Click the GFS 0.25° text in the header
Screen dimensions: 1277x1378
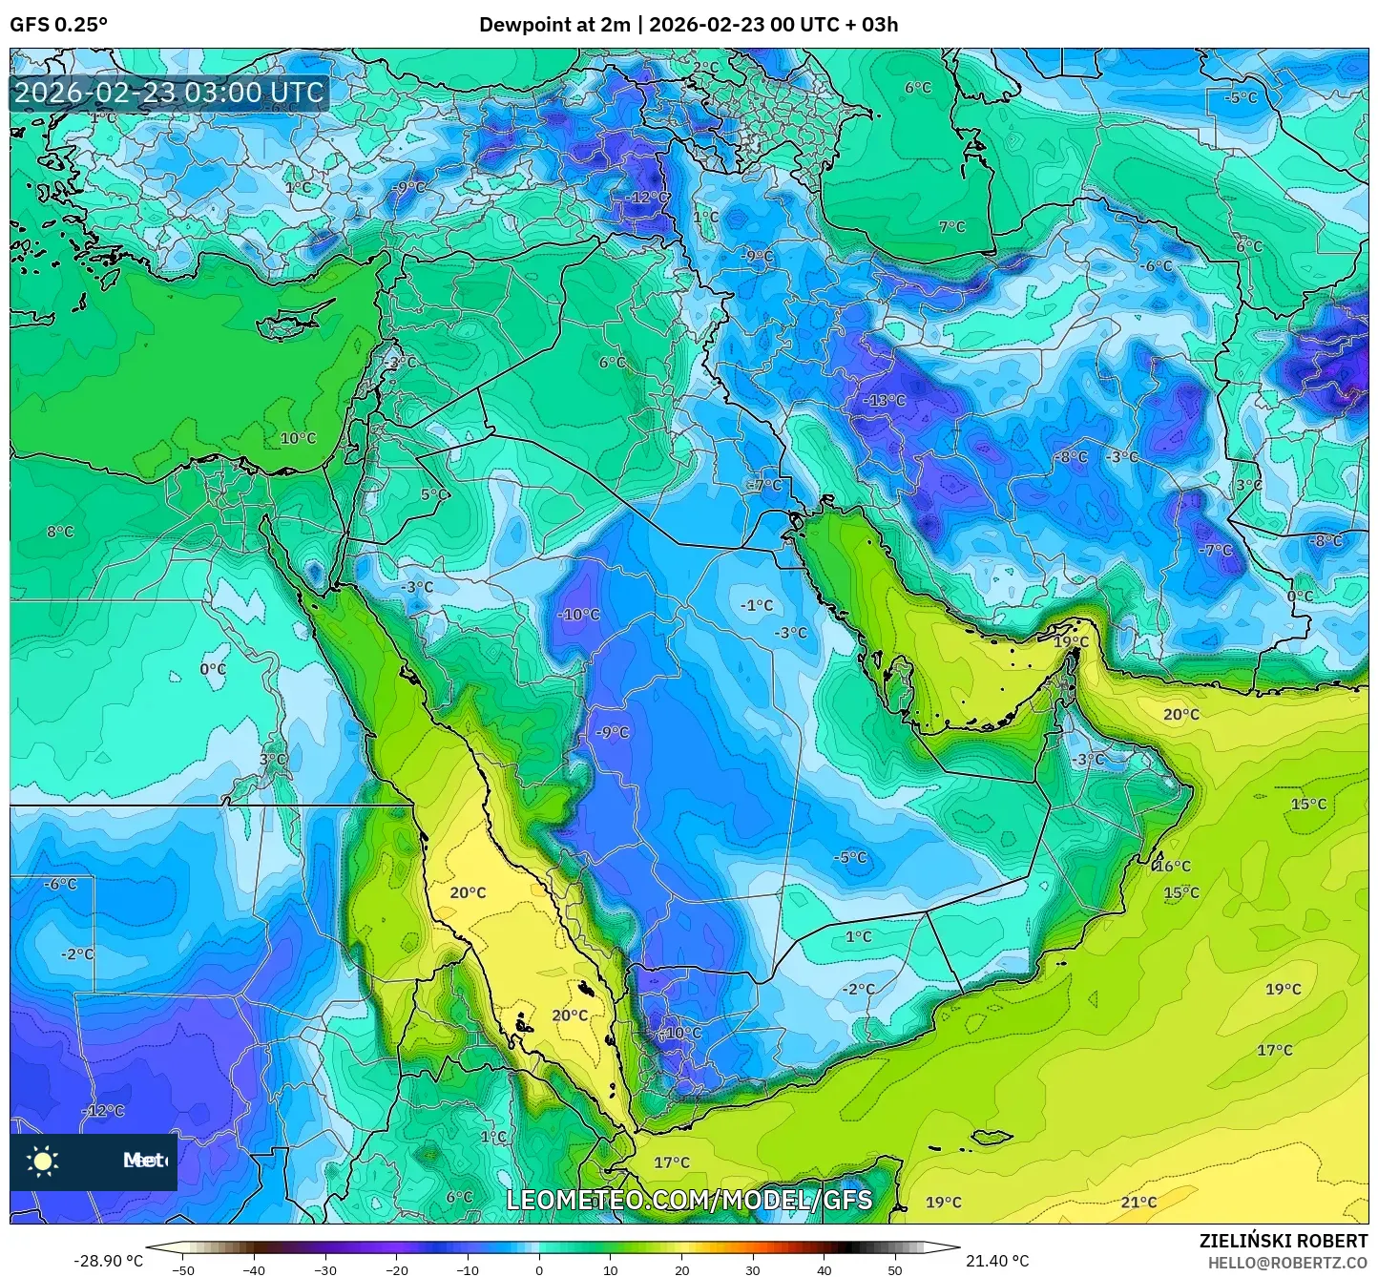58,25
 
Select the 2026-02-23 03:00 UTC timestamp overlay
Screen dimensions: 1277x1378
169,93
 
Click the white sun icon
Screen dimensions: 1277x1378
43,1162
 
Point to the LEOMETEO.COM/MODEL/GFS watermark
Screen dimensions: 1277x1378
688,1200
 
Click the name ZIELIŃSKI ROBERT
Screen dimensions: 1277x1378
1283,1241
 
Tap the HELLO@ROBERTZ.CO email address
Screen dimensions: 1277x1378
1287,1262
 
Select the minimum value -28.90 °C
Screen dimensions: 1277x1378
108,1261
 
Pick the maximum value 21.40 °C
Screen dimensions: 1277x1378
997,1261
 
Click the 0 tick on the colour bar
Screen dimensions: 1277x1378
539,1269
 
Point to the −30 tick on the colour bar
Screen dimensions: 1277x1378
325,1269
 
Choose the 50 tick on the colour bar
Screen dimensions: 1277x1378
895,1269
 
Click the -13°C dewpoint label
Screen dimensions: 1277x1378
884,400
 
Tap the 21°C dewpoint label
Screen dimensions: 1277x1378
1138,1202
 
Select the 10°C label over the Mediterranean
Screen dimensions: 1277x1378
298,438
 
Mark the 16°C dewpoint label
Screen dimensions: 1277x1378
1173,866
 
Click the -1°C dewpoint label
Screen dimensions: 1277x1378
757,605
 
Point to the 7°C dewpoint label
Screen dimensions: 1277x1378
951,226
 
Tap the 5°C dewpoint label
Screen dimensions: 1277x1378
432,494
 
